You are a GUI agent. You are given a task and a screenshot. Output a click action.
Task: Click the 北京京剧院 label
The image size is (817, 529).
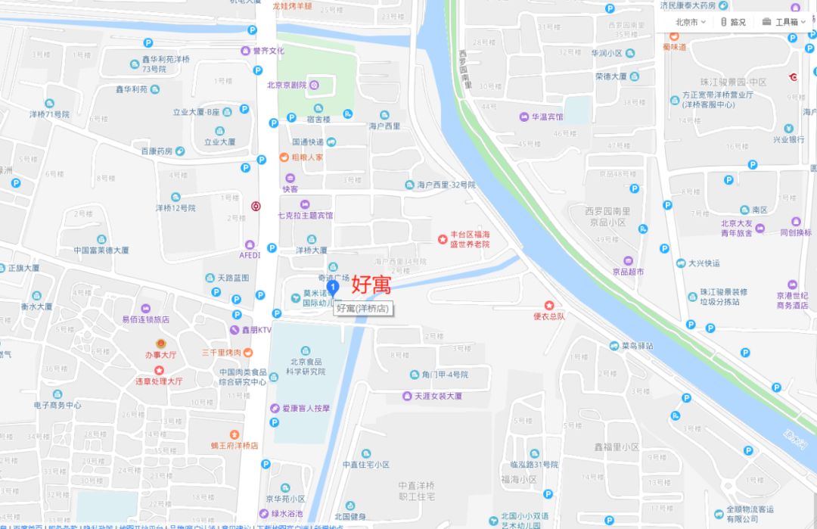287,86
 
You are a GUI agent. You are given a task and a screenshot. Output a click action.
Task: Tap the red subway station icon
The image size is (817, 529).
256,205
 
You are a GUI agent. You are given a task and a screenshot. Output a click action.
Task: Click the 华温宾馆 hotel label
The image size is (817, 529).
546,117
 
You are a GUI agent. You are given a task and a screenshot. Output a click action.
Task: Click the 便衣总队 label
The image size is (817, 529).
548,316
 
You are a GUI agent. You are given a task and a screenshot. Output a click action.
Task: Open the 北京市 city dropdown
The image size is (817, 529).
690,22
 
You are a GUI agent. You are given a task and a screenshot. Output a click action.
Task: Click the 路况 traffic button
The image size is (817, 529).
733,22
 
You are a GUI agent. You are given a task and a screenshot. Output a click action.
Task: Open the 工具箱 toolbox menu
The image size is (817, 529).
784,22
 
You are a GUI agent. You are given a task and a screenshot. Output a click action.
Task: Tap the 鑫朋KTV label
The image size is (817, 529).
256,330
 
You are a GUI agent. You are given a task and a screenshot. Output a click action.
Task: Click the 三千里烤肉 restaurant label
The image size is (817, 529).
221,353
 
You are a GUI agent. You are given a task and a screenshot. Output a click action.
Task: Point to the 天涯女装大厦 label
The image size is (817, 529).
437,396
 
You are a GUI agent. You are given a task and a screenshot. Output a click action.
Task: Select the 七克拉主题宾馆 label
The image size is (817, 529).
305,216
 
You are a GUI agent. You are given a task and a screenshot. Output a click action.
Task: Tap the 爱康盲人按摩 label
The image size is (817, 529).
306,408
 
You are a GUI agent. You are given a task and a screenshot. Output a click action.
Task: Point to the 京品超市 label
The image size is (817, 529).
628,272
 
